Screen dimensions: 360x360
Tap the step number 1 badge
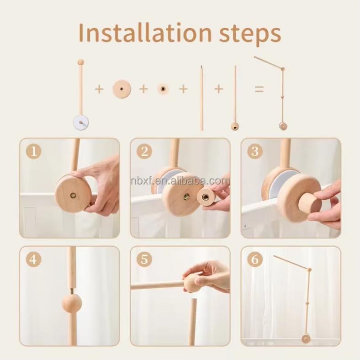coord(33,151)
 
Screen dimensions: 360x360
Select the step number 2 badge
coord(144,151)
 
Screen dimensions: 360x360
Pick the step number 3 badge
coord(255,151)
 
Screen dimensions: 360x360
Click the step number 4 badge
coord(33,259)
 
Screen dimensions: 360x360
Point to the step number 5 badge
coord(144,259)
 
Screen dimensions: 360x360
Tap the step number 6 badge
coord(255,259)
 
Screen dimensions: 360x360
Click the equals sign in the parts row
coord(259,89)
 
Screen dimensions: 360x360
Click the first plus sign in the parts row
coord(99,89)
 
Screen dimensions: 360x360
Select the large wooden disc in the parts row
coord(122,89)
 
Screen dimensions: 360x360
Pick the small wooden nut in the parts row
coord(163,89)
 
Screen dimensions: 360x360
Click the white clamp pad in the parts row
coord(81,122)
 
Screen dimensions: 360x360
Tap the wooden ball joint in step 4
coord(72,303)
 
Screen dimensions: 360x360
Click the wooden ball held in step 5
coord(191,283)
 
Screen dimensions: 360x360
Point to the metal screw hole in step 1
coord(73,195)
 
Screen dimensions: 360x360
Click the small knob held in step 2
coord(207,197)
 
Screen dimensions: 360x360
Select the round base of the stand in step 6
coord(306,338)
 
